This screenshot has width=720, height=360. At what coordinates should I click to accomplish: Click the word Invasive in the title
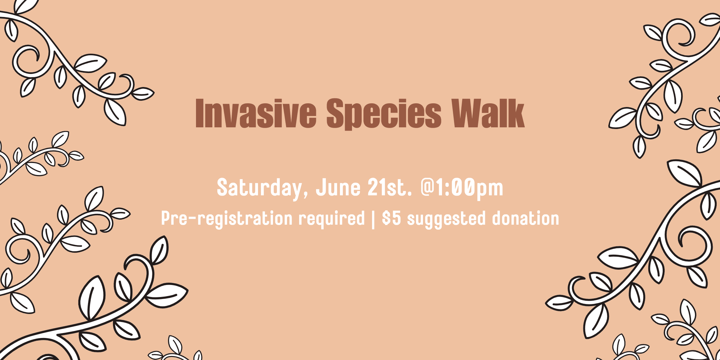[x=256, y=113]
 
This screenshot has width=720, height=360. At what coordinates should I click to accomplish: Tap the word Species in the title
[x=384, y=114]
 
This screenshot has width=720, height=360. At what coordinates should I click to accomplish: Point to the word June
[x=338, y=187]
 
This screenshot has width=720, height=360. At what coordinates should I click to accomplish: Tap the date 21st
[x=387, y=187]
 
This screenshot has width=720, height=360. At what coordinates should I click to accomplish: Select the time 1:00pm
[x=470, y=188]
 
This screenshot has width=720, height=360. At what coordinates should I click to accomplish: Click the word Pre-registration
[x=227, y=219]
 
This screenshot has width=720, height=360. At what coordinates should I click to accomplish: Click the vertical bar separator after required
[x=373, y=219]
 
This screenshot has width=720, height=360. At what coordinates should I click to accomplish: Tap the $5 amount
[x=391, y=218]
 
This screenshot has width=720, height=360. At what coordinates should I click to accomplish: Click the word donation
[x=526, y=218]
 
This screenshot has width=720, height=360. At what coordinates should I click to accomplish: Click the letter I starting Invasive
[x=200, y=113]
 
